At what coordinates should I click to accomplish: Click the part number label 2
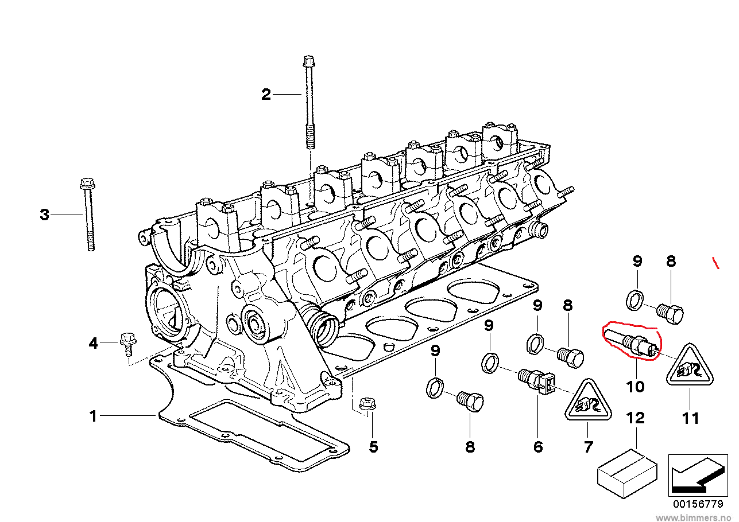[x=266, y=94]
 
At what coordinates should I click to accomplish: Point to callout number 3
[x=44, y=215]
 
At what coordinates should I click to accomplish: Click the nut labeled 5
[x=365, y=404]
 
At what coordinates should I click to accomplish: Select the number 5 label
[x=374, y=446]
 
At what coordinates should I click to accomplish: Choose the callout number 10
[x=636, y=387]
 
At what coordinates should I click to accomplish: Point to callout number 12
[x=636, y=418]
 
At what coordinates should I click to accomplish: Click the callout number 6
[x=538, y=446]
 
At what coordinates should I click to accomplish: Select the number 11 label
[x=690, y=418]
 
